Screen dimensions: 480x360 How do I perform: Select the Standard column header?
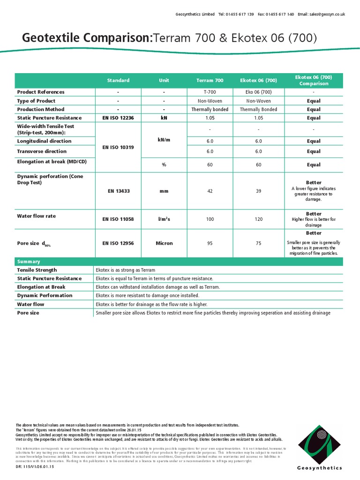118,81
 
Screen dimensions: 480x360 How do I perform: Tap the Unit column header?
164,81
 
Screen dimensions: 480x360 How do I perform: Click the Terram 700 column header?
210,81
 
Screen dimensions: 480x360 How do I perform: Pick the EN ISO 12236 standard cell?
118,118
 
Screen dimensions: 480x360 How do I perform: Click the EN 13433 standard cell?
118,191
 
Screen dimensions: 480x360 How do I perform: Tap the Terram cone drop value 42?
210,191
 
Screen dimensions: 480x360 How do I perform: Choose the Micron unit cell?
164,243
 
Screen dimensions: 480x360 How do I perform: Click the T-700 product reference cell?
210,92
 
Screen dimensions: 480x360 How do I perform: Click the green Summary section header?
29,262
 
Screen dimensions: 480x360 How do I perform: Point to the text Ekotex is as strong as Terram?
125,270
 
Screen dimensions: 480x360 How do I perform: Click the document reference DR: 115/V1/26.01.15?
35,467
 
